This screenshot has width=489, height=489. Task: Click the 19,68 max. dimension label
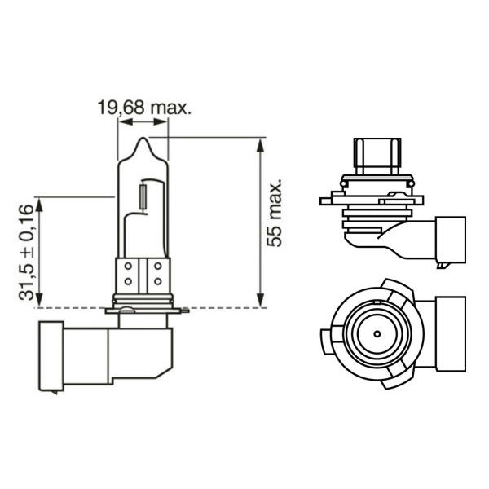pyautogui.click(x=144, y=108)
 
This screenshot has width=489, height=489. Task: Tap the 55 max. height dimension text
pyautogui.click(x=274, y=213)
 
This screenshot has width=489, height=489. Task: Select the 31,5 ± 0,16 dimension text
pyautogui.click(x=26, y=253)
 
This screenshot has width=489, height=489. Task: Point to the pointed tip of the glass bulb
pyautogui.click(x=143, y=139)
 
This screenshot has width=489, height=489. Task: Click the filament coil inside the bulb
pyautogui.click(x=143, y=196)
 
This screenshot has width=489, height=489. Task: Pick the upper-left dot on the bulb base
pyautogui.click(x=128, y=267)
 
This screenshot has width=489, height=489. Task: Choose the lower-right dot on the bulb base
pyautogui.click(x=158, y=281)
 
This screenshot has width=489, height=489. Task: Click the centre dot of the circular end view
pyautogui.click(x=377, y=334)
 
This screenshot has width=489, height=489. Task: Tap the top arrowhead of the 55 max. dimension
pyautogui.click(x=261, y=145)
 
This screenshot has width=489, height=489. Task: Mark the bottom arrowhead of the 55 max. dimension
pyautogui.click(x=261, y=300)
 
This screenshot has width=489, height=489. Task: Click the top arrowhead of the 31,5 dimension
pyautogui.click(x=38, y=205)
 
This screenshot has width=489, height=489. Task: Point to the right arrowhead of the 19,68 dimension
pyautogui.click(x=161, y=121)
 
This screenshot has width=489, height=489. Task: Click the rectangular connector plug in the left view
pyautogui.click(x=51, y=356)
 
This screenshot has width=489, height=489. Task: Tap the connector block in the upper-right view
pyautogui.click(x=451, y=240)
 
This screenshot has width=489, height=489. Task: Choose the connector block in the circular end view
pyautogui.click(x=451, y=334)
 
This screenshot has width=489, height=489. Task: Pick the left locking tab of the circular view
pyautogui.click(x=326, y=341)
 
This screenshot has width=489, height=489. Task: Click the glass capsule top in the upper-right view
pyautogui.click(x=377, y=156)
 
